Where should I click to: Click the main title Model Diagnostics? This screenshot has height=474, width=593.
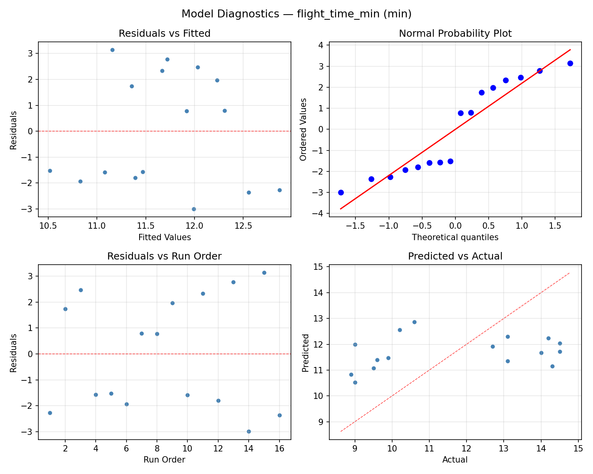click(x=296, y=14)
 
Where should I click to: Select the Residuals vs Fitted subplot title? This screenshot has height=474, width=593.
click(x=164, y=34)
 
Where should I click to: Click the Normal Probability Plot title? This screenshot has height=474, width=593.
click(x=455, y=34)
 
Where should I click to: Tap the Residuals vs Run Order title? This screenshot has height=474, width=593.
click(x=164, y=256)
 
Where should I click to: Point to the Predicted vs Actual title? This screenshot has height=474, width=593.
click(x=455, y=256)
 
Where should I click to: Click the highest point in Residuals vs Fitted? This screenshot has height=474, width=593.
click(x=112, y=50)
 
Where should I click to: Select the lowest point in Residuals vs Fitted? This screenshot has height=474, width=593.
click(x=194, y=209)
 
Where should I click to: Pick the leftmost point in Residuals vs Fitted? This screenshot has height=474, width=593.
click(x=50, y=171)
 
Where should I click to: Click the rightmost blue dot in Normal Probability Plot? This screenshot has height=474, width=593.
click(x=570, y=63)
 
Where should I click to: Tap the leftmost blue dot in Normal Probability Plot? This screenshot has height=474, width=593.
click(x=341, y=192)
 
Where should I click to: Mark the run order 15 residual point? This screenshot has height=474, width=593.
click(x=264, y=273)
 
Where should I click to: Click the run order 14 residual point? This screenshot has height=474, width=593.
click(x=249, y=431)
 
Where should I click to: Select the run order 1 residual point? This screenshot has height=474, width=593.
click(x=50, y=413)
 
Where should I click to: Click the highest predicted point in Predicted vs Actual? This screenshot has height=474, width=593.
click(x=414, y=322)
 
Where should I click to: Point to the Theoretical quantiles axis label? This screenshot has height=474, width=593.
click(x=455, y=237)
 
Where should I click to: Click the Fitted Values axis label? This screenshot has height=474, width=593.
click(x=164, y=237)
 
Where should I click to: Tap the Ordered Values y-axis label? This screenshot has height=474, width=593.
click(x=303, y=129)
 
